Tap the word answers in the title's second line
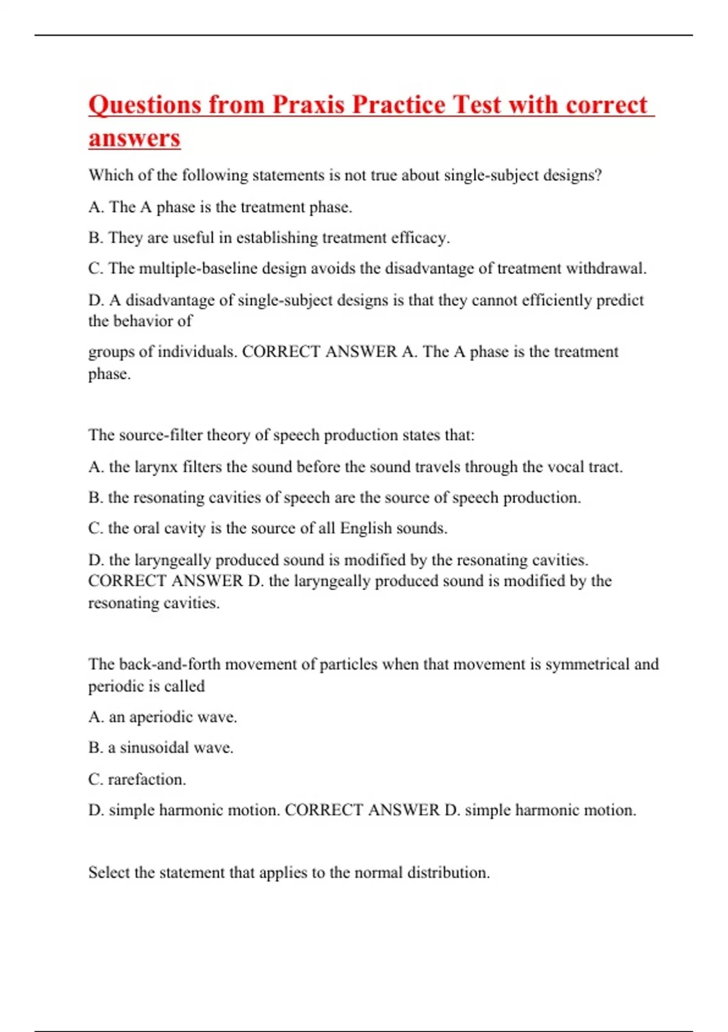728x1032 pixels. (x=134, y=138)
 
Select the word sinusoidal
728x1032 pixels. (x=154, y=747)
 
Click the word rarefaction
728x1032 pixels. (x=146, y=779)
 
